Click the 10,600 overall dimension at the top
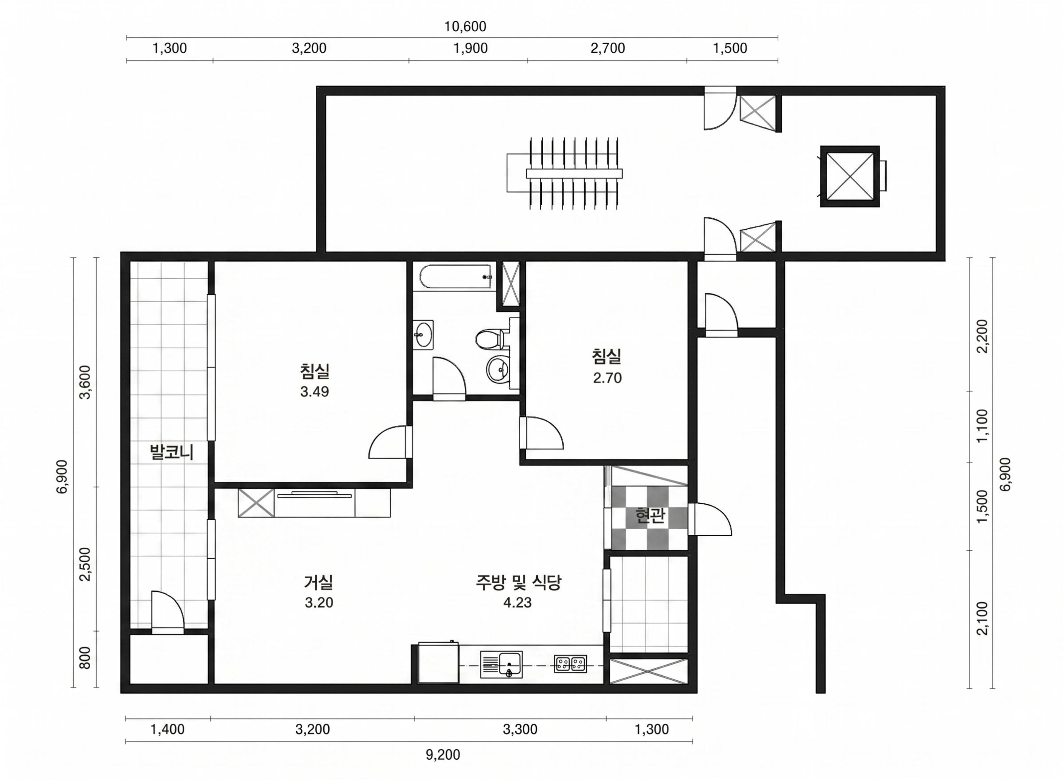(465, 26)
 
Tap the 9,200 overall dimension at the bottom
(443, 755)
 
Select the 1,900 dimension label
(470, 48)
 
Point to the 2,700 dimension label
(608, 48)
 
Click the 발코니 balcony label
(172, 452)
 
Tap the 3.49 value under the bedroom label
(314, 391)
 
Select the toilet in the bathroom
(490, 339)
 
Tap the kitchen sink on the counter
(502, 665)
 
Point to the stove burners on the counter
(571, 664)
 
